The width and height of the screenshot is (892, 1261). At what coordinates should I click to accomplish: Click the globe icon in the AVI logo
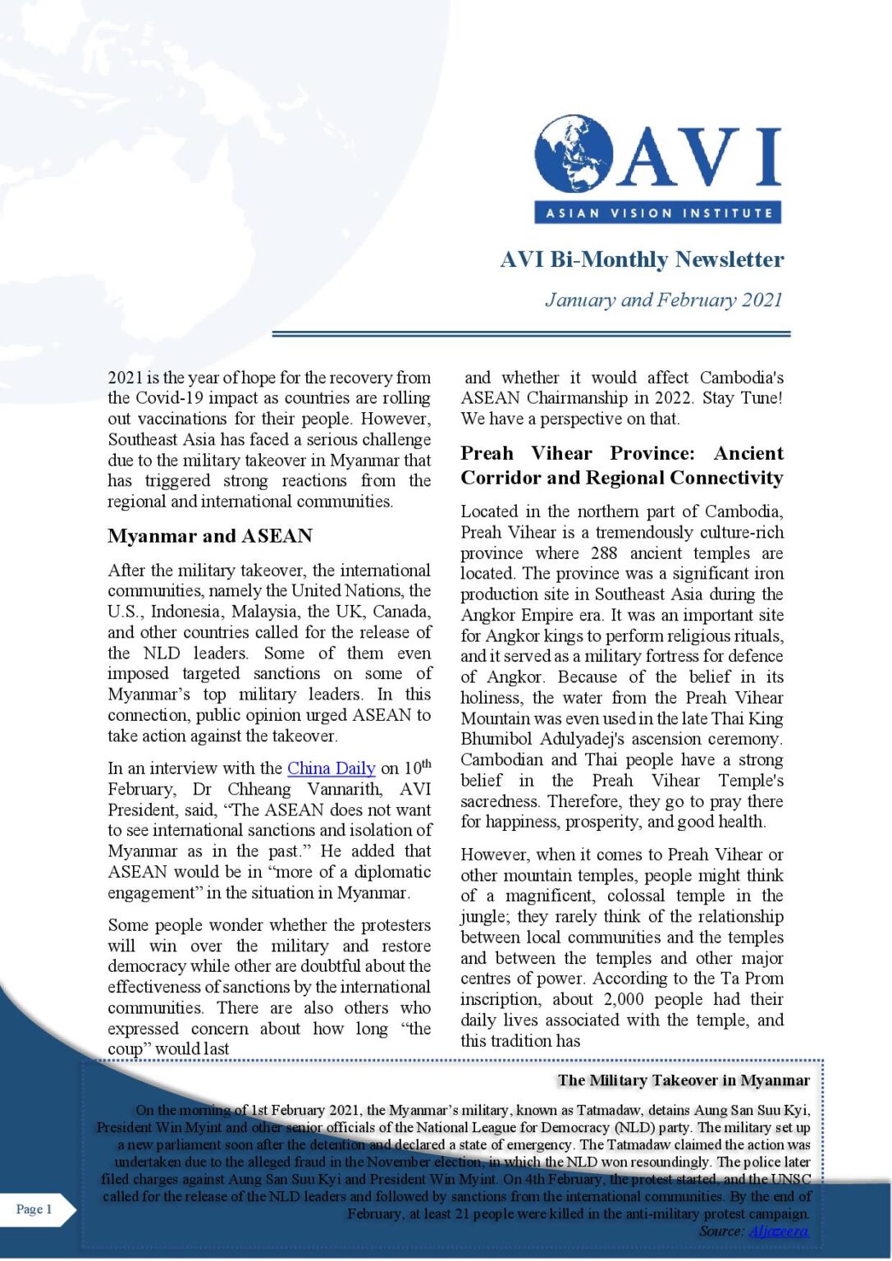[x=573, y=154]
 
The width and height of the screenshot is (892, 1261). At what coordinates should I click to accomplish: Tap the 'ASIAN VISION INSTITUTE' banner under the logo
[x=657, y=213]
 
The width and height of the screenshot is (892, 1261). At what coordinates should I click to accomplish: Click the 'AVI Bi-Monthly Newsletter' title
[x=642, y=259]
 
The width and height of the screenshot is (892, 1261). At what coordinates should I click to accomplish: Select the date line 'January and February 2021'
[x=664, y=300]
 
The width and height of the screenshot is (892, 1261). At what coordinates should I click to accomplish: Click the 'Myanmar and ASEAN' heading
[x=210, y=536]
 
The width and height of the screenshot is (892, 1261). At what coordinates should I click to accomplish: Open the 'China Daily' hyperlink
[x=332, y=768]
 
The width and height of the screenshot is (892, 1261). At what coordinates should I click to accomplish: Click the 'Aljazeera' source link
[x=779, y=1231]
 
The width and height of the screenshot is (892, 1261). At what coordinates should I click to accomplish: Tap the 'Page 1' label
[x=34, y=1208]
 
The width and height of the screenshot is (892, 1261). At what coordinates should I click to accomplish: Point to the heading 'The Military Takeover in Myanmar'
[x=684, y=1080]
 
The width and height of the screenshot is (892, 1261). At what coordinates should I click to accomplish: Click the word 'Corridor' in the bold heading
[x=500, y=478]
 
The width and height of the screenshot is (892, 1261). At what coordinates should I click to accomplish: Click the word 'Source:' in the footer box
[x=721, y=1231]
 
